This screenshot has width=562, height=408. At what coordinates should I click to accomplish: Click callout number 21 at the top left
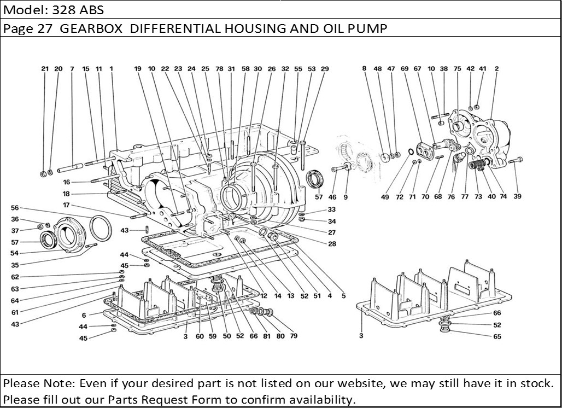click(45, 69)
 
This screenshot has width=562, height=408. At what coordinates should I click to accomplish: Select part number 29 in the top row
click(325, 69)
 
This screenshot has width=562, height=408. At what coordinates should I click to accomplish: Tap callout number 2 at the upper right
click(496, 69)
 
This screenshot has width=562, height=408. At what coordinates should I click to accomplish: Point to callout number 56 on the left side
click(15, 208)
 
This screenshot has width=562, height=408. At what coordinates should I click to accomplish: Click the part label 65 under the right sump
click(497, 337)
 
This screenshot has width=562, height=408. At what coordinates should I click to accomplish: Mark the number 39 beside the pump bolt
click(517, 197)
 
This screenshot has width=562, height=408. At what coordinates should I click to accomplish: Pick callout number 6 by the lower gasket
click(84, 316)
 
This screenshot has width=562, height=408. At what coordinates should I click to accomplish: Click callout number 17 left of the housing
click(66, 205)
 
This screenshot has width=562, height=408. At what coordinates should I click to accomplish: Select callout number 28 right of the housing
click(332, 244)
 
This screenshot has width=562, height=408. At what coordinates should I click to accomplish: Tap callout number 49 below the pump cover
click(385, 197)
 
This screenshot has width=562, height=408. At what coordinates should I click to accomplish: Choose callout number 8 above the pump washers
click(364, 69)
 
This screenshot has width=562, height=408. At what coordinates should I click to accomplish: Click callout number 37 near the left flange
click(15, 230)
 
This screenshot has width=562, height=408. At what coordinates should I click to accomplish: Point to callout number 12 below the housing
click(264, 296)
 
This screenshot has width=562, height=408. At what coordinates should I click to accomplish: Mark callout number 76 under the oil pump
click(451, 197)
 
